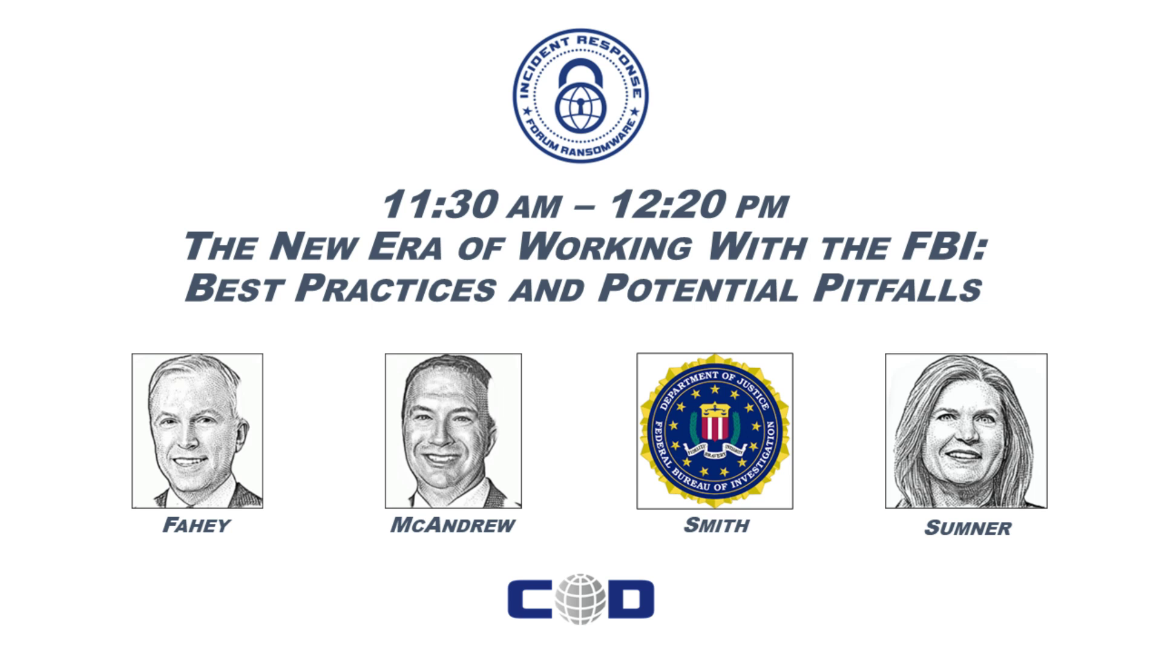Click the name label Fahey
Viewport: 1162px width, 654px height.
[196, 524]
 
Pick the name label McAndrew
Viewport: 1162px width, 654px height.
[453, 524]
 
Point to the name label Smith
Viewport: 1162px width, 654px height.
[716, 524]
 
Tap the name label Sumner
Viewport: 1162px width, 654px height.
[967, 528]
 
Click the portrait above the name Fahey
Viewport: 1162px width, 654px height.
[197, 431]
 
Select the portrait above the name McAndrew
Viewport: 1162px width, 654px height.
[453, 431]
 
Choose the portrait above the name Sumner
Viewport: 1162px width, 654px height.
[966, 431]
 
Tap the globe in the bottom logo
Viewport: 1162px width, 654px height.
[580, 599]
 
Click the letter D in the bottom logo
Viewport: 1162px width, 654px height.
[629, 599]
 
